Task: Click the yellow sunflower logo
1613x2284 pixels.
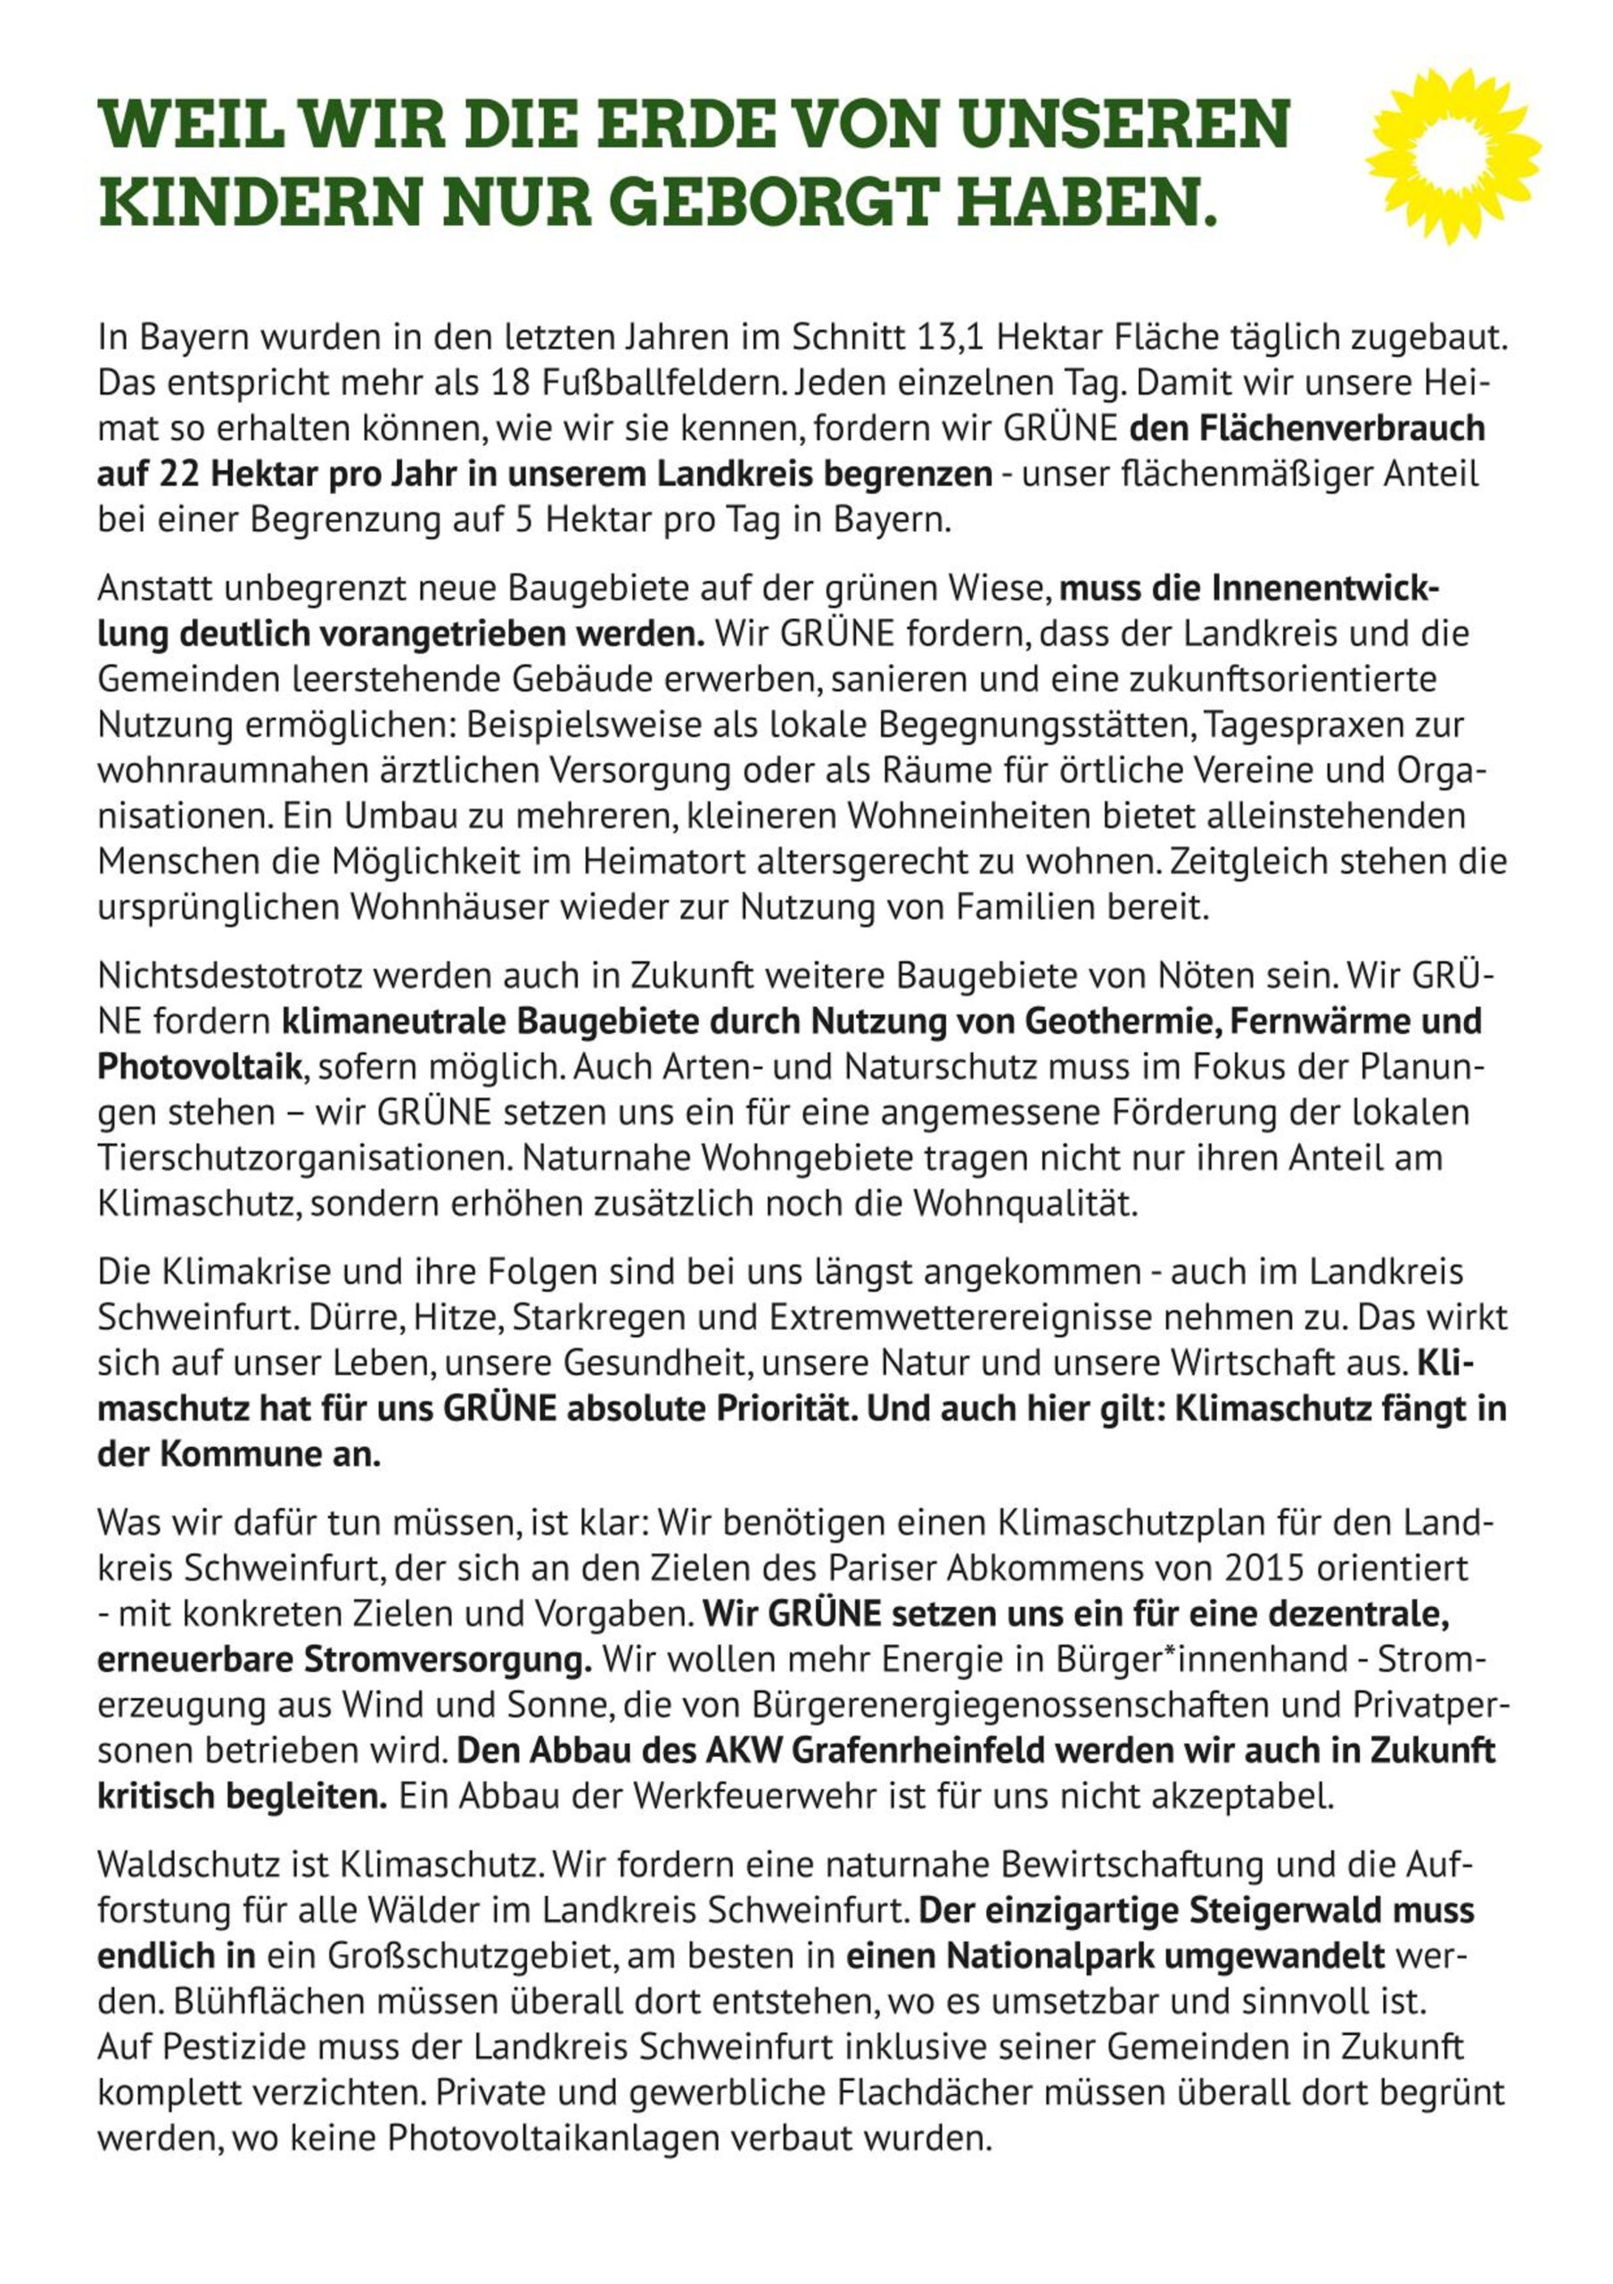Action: pos(1454,155)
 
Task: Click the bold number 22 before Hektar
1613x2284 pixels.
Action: pos(179,475)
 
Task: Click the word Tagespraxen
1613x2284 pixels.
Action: pos(1303,725)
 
